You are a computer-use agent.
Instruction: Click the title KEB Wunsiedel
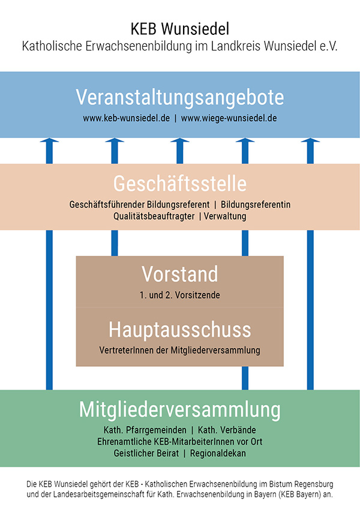(x=180, y=29)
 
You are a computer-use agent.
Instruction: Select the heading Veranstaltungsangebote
(x=180, y=97)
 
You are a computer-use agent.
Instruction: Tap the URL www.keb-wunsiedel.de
(x=126, y=118)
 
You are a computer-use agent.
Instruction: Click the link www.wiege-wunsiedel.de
(x=229, y=118)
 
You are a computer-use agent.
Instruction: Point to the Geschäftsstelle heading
(x=180, y=184)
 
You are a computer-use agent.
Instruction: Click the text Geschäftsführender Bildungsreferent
(x=139, y=205)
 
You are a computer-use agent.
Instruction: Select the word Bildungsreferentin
(x=256, y=205)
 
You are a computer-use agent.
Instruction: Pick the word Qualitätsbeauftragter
(x=154, y=216)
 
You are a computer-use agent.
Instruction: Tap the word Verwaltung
(x=225, y=216)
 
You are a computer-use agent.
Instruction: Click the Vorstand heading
(x=180, y=274)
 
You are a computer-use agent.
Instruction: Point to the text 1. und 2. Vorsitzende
(x=180, y=295)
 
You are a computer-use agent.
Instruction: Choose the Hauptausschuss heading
(x=180, y=330)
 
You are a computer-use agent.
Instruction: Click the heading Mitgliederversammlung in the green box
(x=180, y=410)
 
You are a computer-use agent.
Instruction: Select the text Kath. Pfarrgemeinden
(x=145, y=430)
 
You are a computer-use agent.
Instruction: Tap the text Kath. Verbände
(x=227, y=430)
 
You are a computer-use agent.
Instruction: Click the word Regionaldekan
(x=218, y=453)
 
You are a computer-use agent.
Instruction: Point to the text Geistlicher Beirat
(x=146, y=453)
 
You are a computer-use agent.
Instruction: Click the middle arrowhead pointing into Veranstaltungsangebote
(x=180, y=140)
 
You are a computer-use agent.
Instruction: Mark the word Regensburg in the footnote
(x=314, y=484)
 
